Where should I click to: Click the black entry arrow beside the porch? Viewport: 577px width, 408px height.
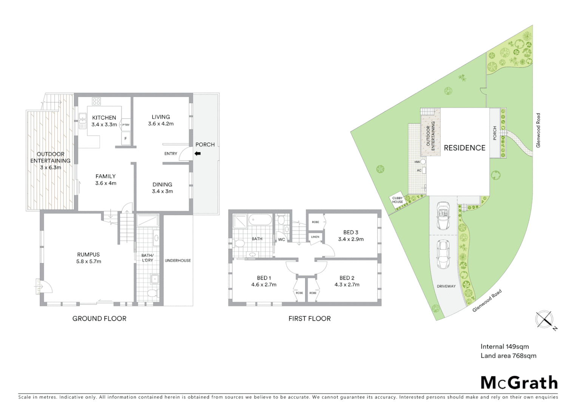(197, 154)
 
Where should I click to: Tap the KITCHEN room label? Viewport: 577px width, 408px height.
(104, 117)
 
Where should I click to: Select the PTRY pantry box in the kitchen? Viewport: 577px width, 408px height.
(126, 125)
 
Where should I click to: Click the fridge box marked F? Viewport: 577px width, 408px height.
(126, 139)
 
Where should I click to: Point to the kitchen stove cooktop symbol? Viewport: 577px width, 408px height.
(97, 101)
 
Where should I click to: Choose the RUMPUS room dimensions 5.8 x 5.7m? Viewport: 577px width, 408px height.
(89, 261)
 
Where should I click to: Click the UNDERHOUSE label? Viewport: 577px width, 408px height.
(177, 260)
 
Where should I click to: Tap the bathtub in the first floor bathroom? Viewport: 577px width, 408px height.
(260, 220)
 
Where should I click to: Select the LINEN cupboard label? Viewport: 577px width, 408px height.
(315, 237)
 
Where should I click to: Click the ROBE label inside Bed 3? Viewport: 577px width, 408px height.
(315, 222)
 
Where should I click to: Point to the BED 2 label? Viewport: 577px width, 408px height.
(347, 278)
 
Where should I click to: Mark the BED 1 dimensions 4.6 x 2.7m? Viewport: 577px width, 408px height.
(264, 284)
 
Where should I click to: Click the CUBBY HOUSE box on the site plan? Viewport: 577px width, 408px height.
(398, 200)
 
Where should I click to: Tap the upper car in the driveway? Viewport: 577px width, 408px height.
(443, 216)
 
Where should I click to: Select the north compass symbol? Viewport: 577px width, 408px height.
(544, 319)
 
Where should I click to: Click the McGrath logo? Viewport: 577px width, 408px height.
(519, 383)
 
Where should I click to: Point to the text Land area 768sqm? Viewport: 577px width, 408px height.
(508, 355)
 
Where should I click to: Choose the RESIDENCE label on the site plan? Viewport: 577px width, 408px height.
(464, 148)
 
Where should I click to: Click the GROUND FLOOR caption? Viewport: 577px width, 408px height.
(99, 318)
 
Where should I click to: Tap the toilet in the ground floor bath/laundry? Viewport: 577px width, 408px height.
(152, 294)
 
